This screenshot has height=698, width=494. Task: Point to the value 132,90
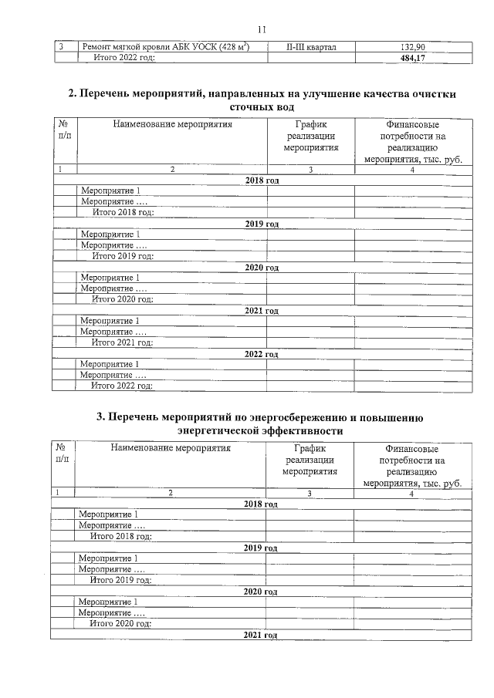(x=413, y=48)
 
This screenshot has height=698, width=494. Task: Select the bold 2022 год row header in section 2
(x=261, y=355)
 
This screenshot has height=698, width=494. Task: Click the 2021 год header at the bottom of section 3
(x=260, y=634)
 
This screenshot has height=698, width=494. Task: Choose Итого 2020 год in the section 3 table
(x=121, y=623)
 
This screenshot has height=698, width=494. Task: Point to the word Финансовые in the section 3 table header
(x=411, y=448)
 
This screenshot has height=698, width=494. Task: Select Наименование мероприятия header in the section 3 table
(x=171, y=447)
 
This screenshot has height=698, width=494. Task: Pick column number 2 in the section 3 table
(x=170, y=493)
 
